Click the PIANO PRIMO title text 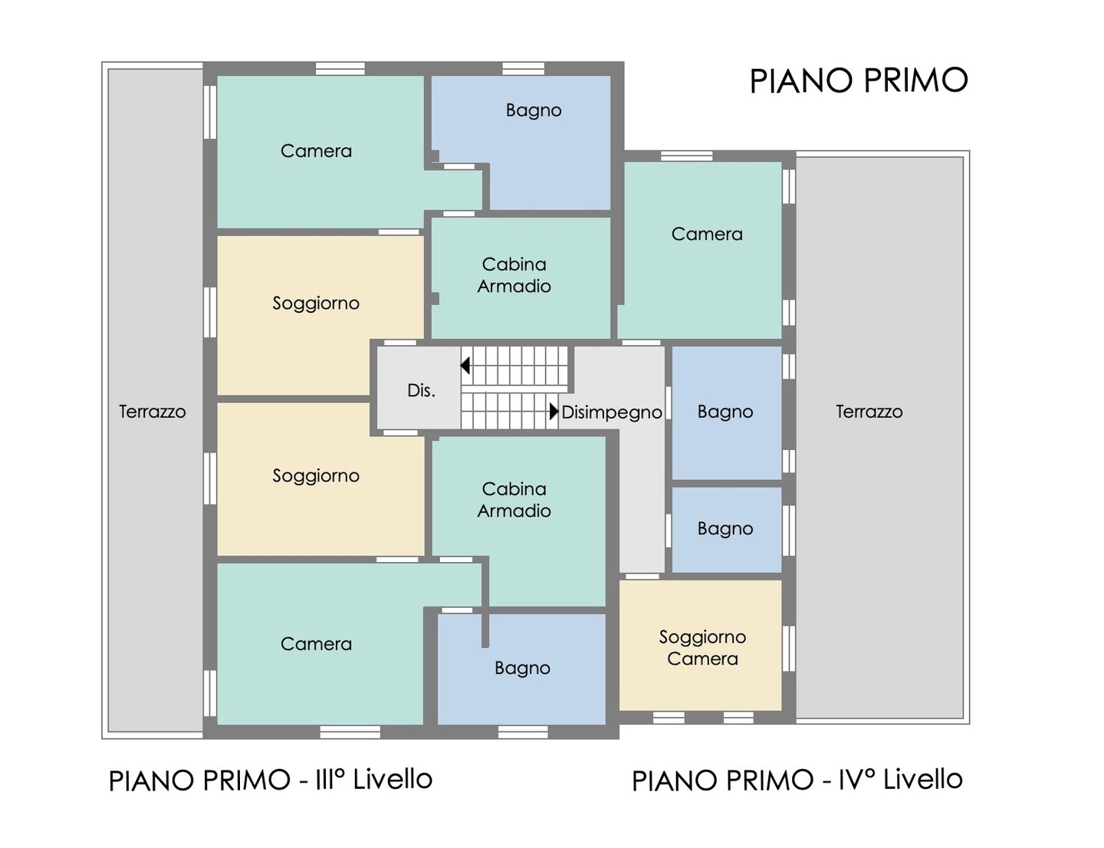coord(858,81)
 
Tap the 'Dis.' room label coord(421,390)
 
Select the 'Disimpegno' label coord(612,412)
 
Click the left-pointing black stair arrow coord(465,365)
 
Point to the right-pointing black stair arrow coord(554,411)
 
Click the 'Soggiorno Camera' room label coord(702,647)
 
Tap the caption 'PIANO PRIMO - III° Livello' coord(271,780)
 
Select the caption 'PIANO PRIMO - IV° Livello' coord(797,780)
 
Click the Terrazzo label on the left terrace coord(153,412)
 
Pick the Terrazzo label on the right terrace coord(869,412)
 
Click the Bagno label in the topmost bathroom coord(534,110)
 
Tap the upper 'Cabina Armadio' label coord(514,275)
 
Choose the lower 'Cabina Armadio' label coord(514,499)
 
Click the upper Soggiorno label coord(316,304)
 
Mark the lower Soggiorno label coord(316,476)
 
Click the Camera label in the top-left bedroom coord(316,151)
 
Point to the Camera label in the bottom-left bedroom coord(316,644)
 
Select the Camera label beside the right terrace coord(707,234)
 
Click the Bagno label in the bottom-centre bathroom coord(522,669)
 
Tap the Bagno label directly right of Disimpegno coord(725,412)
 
